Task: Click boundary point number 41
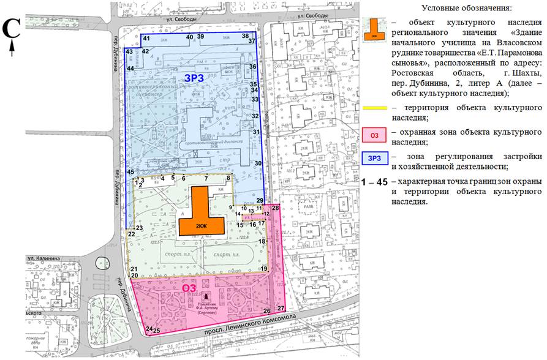(x=146, y=39)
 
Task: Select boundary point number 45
(x=130, y=172)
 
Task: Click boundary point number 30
(x=258, y=163)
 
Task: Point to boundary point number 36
(x=252, y=67)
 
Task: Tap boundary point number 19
(x=264, y=269)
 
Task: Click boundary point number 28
(x=275, y=209)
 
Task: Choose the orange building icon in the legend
(x=375, y=29)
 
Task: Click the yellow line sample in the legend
(x=375, y=108)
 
